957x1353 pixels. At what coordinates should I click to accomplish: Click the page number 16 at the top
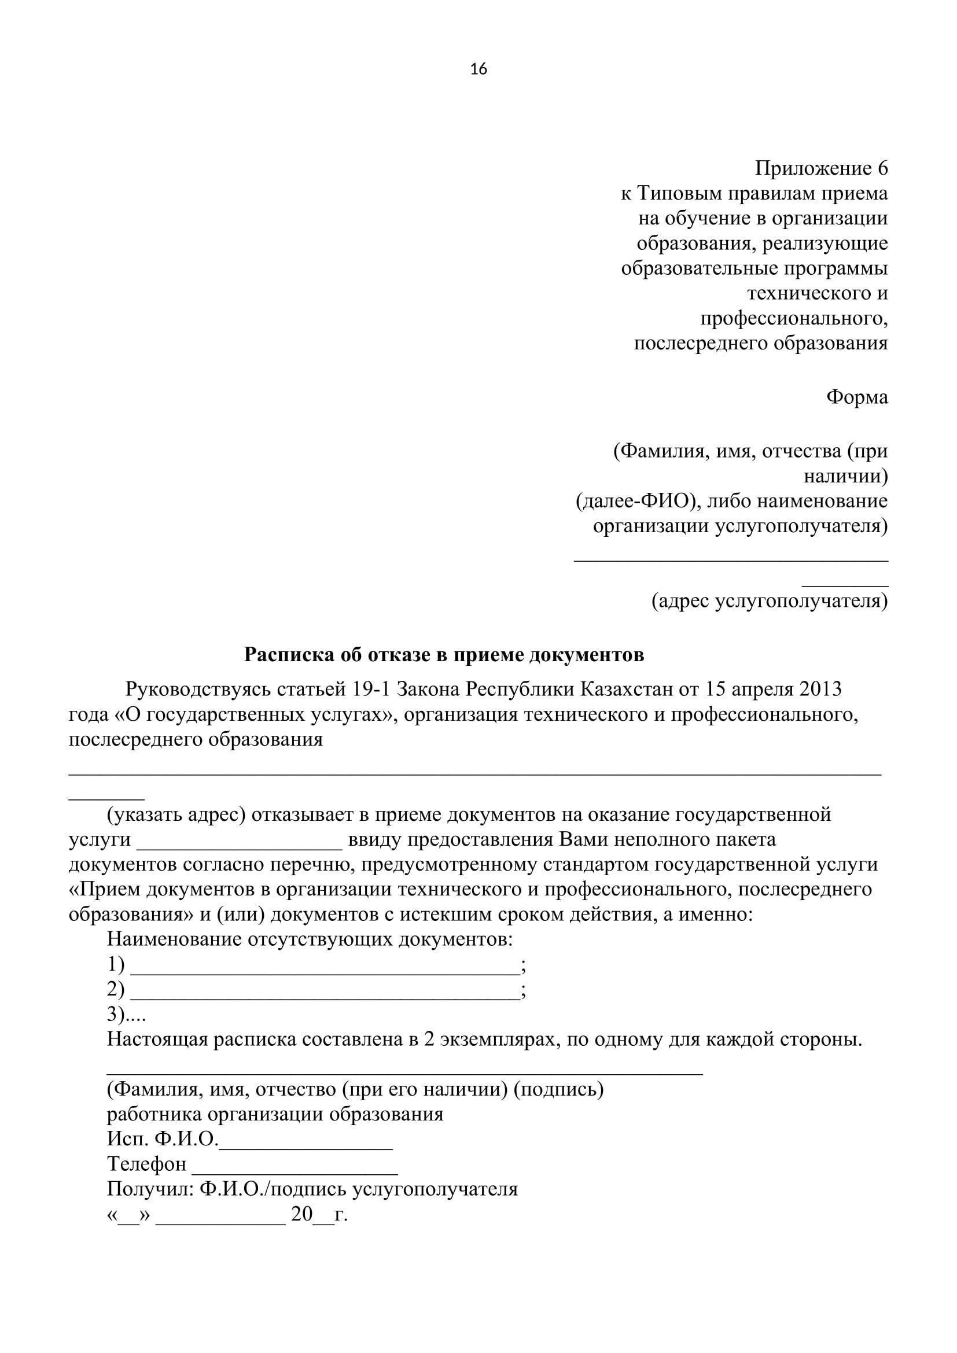[478, 69]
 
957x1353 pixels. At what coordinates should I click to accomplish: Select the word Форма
[857, 397]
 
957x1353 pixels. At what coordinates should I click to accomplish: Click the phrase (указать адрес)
[176, 815]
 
